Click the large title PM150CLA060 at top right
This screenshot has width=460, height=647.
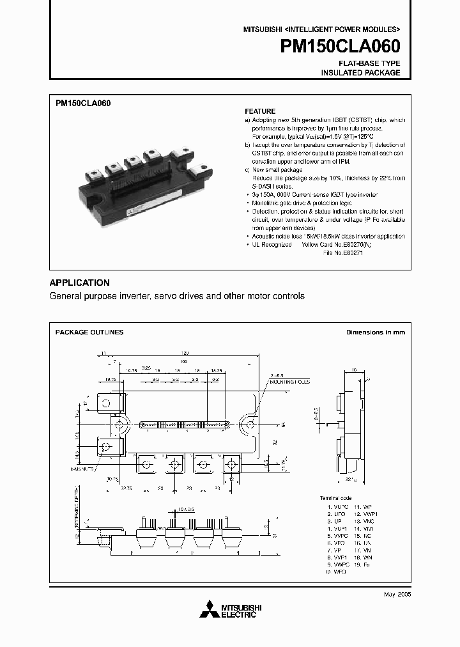(341, 47)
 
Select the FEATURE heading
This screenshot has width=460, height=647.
(260, 111)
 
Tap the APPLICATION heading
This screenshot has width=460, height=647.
(79, 283)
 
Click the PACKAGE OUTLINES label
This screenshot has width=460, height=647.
(89, 332)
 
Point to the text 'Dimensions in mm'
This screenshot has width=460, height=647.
(375, 332)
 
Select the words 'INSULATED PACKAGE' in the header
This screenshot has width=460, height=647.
(360, 73)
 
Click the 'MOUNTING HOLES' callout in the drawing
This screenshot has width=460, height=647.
(289, 381)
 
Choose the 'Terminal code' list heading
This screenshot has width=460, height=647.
(335, 497)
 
